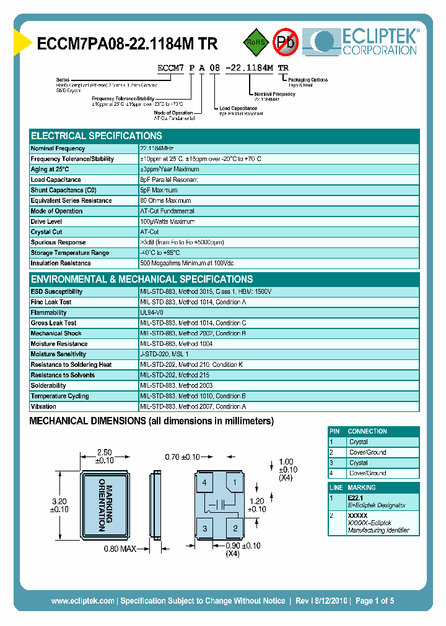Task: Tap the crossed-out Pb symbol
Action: coord(286,42)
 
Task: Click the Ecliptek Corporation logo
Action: coord(365,41)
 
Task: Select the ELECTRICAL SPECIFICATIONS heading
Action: coord(97,136)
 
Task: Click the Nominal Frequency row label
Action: coord(58,148)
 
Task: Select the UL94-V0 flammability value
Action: coord(152,312)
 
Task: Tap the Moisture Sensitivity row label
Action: coord(59,354)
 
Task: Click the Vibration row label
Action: coord(43,406)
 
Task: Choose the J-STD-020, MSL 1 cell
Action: coord(164,354)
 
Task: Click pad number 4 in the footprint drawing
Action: coord(204,482)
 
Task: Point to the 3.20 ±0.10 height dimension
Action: coord(59,505)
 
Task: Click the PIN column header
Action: coord(335,431)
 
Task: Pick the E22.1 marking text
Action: coord(356,497)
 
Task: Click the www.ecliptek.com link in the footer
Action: coord(82,601)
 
